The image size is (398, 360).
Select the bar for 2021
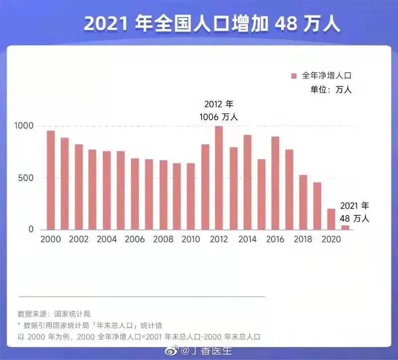345,228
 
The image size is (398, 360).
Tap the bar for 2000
51,180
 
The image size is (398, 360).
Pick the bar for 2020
331,219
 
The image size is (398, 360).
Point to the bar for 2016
275,183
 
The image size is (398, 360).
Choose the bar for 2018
303,202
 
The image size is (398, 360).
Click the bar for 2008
163,195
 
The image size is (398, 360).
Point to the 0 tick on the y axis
31,229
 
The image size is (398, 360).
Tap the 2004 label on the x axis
106,239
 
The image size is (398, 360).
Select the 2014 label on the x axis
247,239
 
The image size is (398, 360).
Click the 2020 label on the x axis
331,239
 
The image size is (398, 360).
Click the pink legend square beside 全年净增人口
294,76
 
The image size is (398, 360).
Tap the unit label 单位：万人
331,90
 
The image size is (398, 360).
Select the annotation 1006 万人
218,117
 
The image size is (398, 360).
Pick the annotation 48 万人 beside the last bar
354,218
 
